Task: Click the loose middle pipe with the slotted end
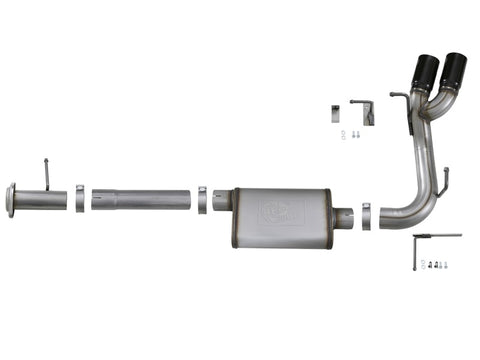point(140,199)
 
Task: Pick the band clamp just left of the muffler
point(203,199)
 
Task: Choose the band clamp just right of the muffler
point(366,214)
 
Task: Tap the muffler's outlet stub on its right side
point(345,215)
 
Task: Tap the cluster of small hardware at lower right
point(436,265)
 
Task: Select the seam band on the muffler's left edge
point(235,216)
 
